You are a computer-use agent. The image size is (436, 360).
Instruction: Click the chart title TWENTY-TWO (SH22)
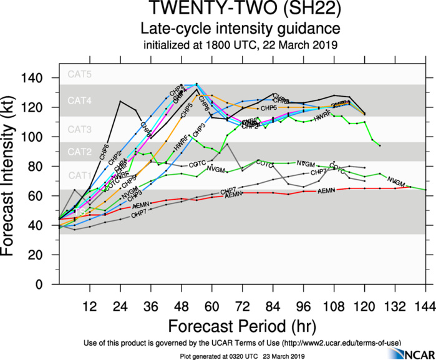point(240,10)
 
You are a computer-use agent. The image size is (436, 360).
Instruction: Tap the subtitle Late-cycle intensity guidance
point(240,29)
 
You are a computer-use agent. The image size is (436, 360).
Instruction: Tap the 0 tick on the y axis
point(49,285)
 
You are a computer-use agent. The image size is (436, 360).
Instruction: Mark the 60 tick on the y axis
point(45,196)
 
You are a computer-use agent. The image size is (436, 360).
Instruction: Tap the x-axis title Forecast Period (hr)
point(240,326)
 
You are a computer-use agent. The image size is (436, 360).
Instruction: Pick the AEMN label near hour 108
point(326,190)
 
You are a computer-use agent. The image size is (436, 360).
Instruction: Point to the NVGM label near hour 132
point(395,181)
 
